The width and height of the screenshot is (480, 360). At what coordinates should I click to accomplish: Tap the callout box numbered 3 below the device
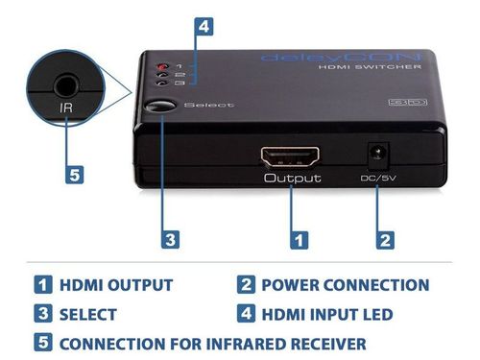point(169,237)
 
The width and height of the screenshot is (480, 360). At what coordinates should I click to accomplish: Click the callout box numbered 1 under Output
point(300,237)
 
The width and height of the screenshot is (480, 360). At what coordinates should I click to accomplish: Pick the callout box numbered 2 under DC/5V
point(385,237)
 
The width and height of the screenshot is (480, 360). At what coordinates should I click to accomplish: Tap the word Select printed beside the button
point(204,105)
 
